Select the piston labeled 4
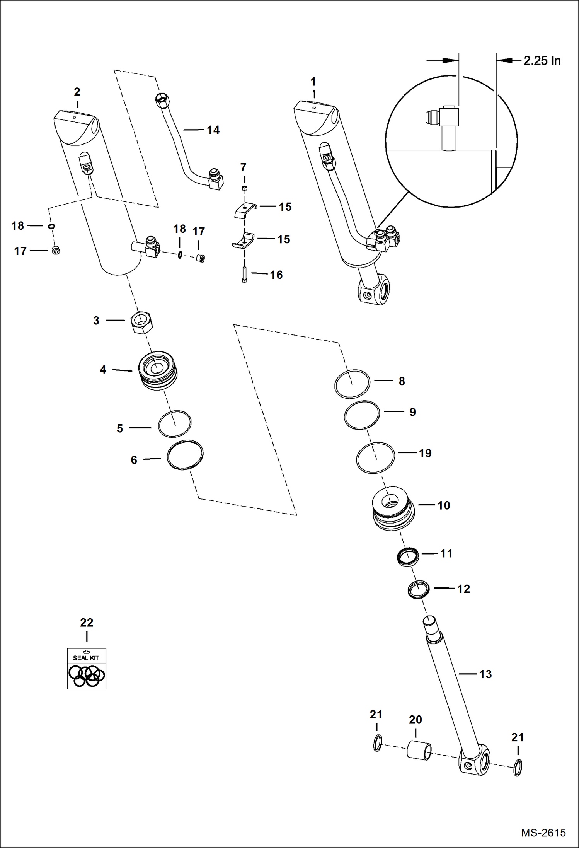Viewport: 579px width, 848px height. pyautogui.click(x=158, y=370)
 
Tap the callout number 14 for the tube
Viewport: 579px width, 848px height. pyautogui.click(x=213, y=130)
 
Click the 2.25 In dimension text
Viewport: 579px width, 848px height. pyautogui.click(x=542, y=61)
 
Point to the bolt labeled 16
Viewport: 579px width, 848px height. pyautogui.click(x=244, y=275)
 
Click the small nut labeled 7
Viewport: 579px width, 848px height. pyautogui.click(x=244, y=188)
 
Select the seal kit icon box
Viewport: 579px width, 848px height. pyautogui.click(x=86, y=668)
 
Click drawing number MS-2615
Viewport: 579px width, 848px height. pyautogui.click(x=543, y=833)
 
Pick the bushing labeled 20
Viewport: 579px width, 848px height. pyautogui.click(x=419, y=750)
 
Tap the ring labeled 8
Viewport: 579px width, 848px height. pyautogui.click(x=352, y=384)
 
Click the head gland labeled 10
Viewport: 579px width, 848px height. pyautogui.click(x=393, y=508)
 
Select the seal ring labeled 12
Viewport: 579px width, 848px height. pyautogui.click(x=419, y=590)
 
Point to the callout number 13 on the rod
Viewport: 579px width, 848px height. pyautogui.click(x=485, y=674)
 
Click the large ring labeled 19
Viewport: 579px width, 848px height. pyautogui.click(x=375, y=458)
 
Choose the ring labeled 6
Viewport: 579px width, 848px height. pyautogui.click(x=185, y=455)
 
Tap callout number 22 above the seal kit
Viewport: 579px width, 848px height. pyautogui.click(x=87, y=623)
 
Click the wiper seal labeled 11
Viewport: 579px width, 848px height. pyautogui.click(x=408, y=557)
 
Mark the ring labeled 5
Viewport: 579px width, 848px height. pyautogui.click(x=174, y=424)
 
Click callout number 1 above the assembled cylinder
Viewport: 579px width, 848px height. pyautogui.click(x=313, y=82)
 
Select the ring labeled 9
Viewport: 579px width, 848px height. pyautogui.click(x=362, y=415)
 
